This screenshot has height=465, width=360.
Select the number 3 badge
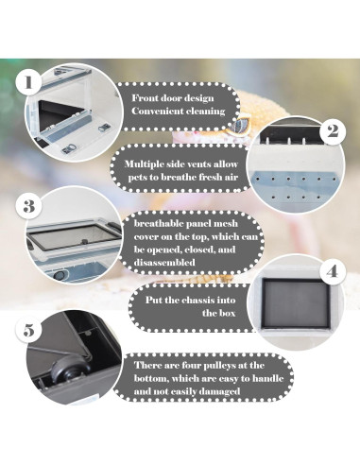tap(30, 205)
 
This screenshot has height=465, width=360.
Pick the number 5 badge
tap(30, 332)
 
